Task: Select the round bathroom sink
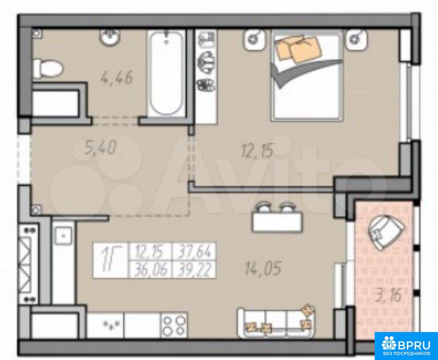pyautogui.click(x=111, y=36)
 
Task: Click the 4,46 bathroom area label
pyautogui.click(x=116, y=78)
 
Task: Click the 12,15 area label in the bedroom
pyautogui.click(x=256, y=151)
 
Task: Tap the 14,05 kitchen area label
pyautogui.click(x=263, y=268)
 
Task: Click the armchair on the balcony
pyautogui.click(x=386, y=230)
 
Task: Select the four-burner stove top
pyautogui.click(x=174, y=325)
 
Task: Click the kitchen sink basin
pyautogui.click(x=63, y=235)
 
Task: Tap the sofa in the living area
pyautogui.click(x=277, y=323)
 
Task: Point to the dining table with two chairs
pyautogui.click(x=277, y=217)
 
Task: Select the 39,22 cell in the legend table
pyautogui.click(x=194, y=270)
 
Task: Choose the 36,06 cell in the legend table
pyautogui.click(x=151, y=270)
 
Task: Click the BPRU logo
pyautogui.click(x=406, y=345)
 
